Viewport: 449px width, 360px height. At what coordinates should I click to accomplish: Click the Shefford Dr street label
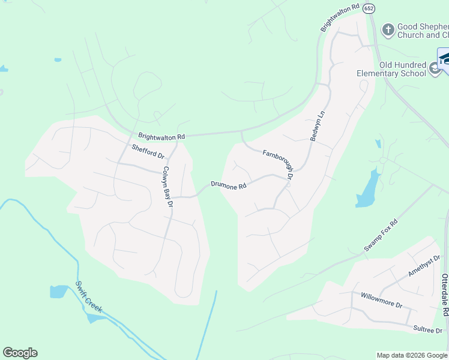tap(148, 151)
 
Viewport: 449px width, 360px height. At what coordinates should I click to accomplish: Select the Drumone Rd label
tap(229, 185)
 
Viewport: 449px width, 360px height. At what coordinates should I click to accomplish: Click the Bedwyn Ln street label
tap(317, 125)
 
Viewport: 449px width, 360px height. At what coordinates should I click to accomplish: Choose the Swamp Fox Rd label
tap(381, 235)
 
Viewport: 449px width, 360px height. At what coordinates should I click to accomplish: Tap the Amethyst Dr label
tap(424, 265)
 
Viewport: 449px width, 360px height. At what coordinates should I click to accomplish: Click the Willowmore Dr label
tap(381, 300)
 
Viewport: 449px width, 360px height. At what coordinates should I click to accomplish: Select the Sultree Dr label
tap(428, 330)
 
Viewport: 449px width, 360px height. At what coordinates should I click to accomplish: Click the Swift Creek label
tap(89, 296)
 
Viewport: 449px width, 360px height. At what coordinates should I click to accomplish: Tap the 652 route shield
tap(369, 7)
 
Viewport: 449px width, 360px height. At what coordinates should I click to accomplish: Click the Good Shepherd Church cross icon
tap(388, 29)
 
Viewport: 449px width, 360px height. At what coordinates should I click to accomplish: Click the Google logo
tap(20, 353)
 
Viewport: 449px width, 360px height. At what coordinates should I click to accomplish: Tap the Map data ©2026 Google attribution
tap(411, 355)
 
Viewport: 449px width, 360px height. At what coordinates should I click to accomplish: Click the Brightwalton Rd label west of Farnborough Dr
tap(161, 137)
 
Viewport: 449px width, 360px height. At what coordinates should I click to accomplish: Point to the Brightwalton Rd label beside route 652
tap(339, 18)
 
